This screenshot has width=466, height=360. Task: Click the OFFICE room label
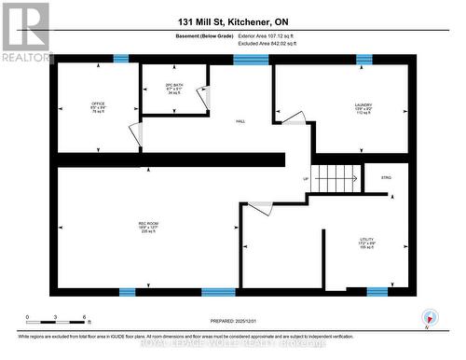pyautogui.click(x=98, y=106)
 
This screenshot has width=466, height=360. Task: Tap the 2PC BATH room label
pyautogui.click(x=173, y=90)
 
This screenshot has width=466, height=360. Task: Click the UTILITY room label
pyautogui.click(x=366, y=244)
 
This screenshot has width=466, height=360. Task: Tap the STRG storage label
pyautogui.click(x=386, y=175)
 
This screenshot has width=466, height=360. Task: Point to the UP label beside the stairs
pyautogui.click(x=305, y=179)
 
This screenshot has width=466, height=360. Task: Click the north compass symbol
pyautogui.click(x=427, y=317)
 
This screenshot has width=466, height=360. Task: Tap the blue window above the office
pyautogui.click(x=121, y=59)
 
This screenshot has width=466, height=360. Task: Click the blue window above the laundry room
pyautogui.click(x=363, y=59)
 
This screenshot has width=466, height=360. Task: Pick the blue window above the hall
pyautogui.click(x=250, y=60)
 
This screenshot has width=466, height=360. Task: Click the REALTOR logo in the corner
pyautogui.click(x=26, y=32)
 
